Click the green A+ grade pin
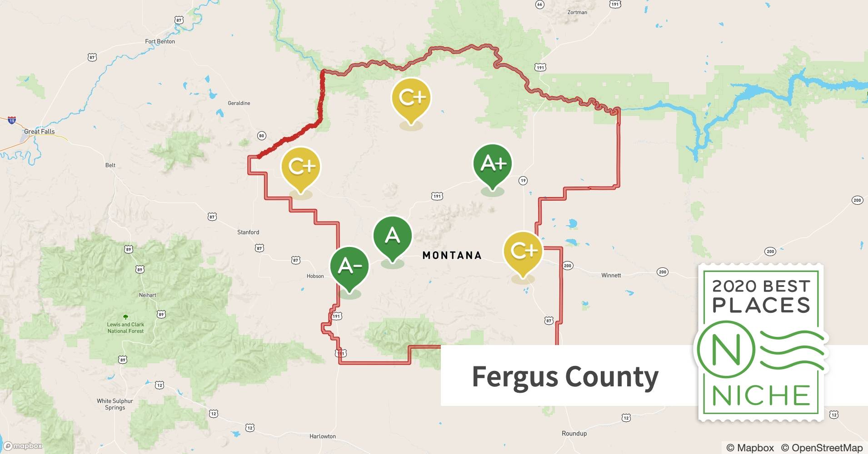pyautogui.click(x=493, y=163)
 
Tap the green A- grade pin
pyautogui.click(x=349, y=266)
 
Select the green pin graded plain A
pyautogui.click(x=392, y=235)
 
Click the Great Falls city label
pyautogui.click(x=40, y=132)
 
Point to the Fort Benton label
pyautogui.click(x=160, y=41)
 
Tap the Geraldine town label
pyautogui.click(x=239, y=103)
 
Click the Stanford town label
pyautogui.click(x=248, y=232)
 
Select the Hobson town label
pyautogui.click(x=315, y=276)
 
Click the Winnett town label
pyautogui.click(x=611, y=275)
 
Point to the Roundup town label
pyautogui.click(x=574, y=433)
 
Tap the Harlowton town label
pyautogui.click(x=323, y=436)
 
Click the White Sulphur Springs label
pyautogui.click(x=115, y=404)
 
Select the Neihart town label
pyautogui.click(x=148, y=295)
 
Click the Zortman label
pyautogui.click(x=577, y=12)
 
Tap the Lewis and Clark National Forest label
pyautogui.click(x=125, y=328)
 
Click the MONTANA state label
pyautogui.click(x=452, y=256)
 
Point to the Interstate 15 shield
pyautogui.click(x=12, y=120)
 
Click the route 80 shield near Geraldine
pyautogui.click(x=261, y=136)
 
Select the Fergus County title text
pyautogui.click(x=565, y=376)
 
